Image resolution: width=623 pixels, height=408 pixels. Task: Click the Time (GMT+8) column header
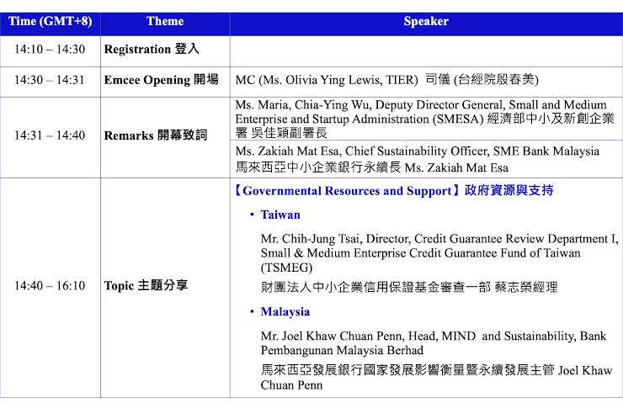(x=50, y=21)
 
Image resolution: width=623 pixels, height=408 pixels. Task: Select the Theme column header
(x=165, y=21)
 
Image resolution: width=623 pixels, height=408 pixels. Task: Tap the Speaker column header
(x=426, y=21)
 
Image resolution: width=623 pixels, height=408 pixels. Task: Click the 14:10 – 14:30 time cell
(x=50, y=50)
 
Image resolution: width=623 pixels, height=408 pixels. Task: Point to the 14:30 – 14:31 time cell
(x=50, y=80)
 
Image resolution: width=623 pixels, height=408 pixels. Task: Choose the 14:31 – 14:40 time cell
(x=50, y=135)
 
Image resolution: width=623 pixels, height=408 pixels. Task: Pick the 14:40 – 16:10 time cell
(x=50, y=285)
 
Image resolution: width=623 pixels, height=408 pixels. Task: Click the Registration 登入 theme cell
(x=152, y=50)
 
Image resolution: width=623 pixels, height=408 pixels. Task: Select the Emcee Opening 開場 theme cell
(x=162, y=80)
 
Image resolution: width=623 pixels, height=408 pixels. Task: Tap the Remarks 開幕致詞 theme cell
(x=156, y=135)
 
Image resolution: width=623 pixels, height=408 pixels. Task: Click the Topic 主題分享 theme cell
(x=146, y=285)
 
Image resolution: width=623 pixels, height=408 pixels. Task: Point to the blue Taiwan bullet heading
(x=280, y=215)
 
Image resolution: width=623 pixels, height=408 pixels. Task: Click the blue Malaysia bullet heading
(x=285, y=312)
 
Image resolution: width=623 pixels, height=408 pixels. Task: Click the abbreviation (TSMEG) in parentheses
(x=286, y=268)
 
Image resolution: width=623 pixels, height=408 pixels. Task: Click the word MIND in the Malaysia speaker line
(x=459, y=336)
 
